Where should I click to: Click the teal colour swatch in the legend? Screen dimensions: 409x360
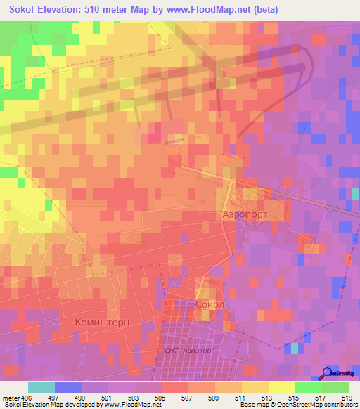[x=41, y=387]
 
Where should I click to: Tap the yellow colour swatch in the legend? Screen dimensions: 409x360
[x=281, y=387]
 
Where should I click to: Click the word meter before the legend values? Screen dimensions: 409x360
[x=11, y=397]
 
